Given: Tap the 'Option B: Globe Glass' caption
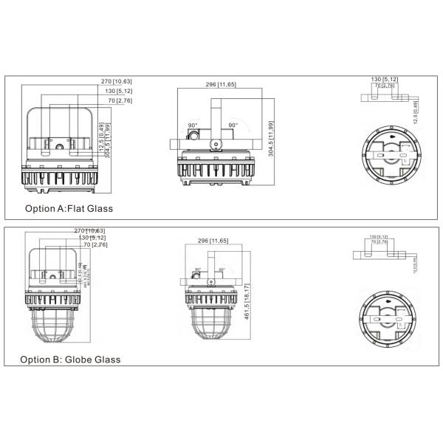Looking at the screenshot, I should click(70, 360).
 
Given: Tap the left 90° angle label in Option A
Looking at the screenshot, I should click(193, 126).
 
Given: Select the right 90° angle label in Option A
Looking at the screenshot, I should click(232, 126).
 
